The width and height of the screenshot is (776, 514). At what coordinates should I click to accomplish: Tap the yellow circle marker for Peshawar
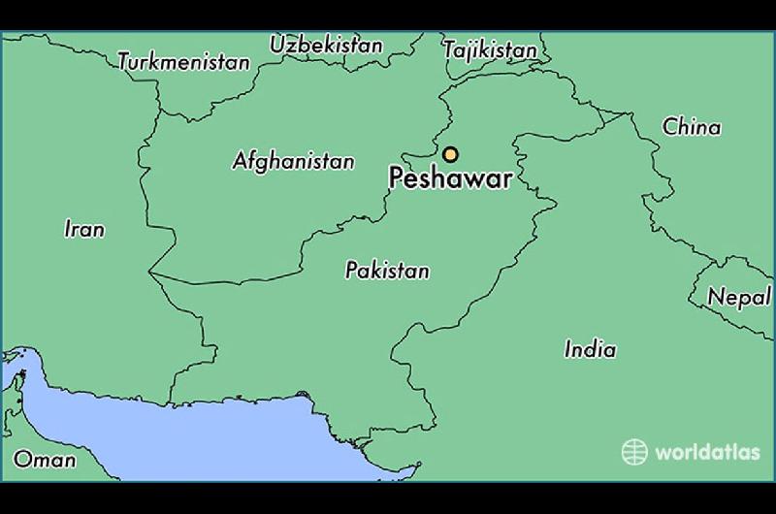pos(450,154)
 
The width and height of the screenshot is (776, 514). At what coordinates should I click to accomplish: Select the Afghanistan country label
pos(293,161)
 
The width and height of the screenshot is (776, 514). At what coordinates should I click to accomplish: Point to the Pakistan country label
pos(387,271)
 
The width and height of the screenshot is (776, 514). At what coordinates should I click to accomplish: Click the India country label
pos(590,349)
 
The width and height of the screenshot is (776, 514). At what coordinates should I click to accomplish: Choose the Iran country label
pos(83,230)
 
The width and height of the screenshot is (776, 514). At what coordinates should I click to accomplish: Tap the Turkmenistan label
pos(183,62)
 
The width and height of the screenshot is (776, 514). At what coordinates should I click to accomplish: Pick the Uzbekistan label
pos(326,45)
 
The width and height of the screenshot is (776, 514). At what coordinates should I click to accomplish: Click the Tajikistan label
pos(490,49)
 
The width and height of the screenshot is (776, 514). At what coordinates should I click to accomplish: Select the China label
pos(692,127)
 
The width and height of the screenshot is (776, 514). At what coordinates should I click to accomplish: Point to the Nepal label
pos(739,298)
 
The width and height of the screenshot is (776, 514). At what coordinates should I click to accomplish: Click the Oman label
pos(44,459)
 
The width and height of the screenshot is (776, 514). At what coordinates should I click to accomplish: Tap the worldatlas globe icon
pos(634,452)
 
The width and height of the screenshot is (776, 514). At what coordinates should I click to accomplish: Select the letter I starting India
pos(568,349)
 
